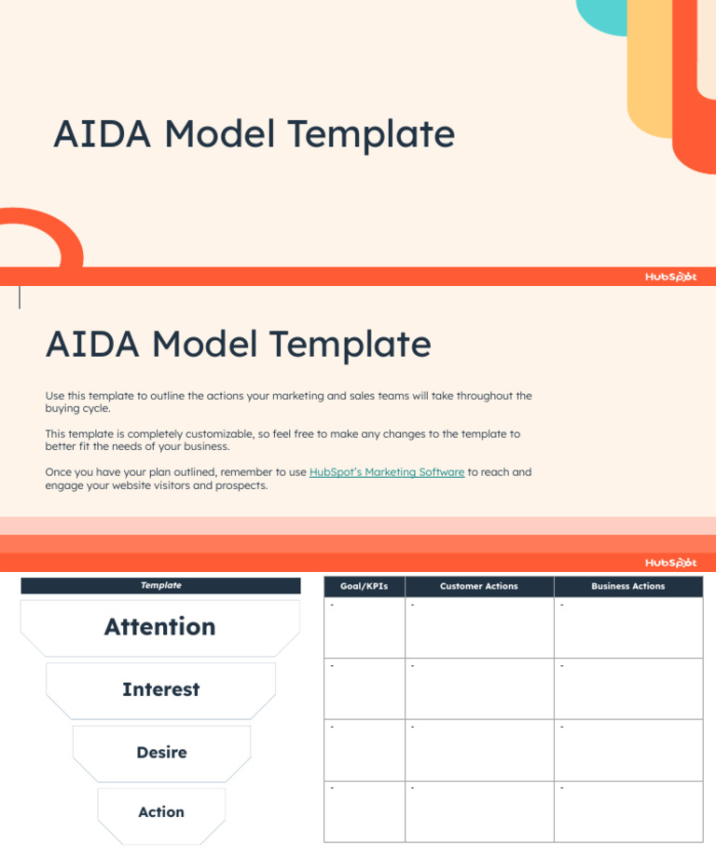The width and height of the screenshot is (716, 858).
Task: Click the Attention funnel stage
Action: coord(160,627)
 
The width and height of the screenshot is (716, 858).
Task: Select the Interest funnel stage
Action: coord(160,690)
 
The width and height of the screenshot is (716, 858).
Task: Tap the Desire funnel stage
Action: coord(161,753)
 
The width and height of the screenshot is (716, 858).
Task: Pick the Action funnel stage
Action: coord(161,812)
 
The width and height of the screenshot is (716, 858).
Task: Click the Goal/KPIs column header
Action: coord(364,587)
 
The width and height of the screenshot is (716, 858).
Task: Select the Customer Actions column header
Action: coord(479,587)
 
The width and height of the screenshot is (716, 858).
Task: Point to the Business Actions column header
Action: coord(628,587)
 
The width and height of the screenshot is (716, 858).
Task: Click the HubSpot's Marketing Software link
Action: coord(386,472)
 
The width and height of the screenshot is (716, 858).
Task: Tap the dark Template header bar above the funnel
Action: coord(160,586)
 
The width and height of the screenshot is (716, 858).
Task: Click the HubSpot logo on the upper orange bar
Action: coord(670,277)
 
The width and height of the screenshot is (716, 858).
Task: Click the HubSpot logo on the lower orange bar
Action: coord(670,563)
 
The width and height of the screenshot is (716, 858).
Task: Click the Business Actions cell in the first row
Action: coord(628,628)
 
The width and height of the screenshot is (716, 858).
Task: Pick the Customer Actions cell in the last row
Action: coord(479,811)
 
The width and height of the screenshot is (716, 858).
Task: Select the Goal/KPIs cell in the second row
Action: coord(364,688)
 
